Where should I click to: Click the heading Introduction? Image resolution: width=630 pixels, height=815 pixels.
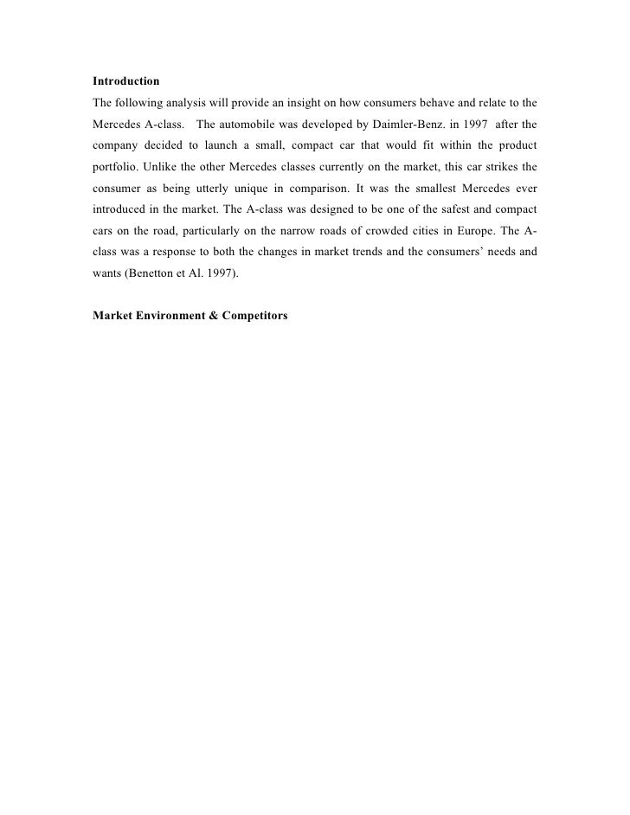[125, 81]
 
